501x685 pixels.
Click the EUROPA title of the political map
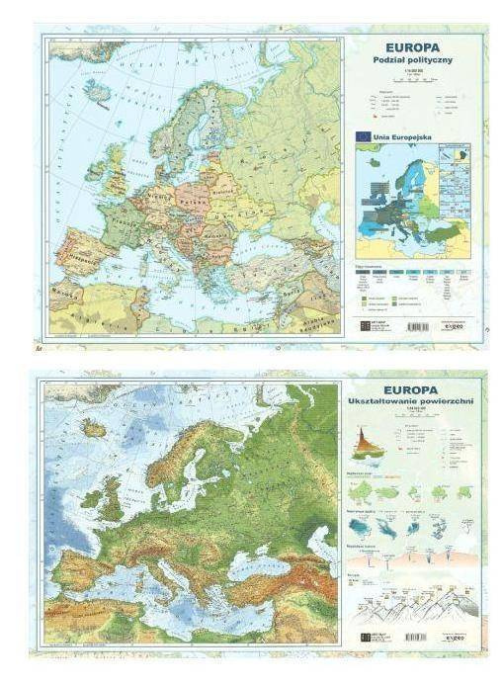(x=414, y=45)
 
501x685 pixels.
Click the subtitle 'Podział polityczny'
(x=414, y=60)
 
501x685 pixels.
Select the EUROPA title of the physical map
(x=416, y=390)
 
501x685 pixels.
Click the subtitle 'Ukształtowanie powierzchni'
(x=416, y=404)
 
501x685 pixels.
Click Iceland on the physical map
(x=94, y=429)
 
